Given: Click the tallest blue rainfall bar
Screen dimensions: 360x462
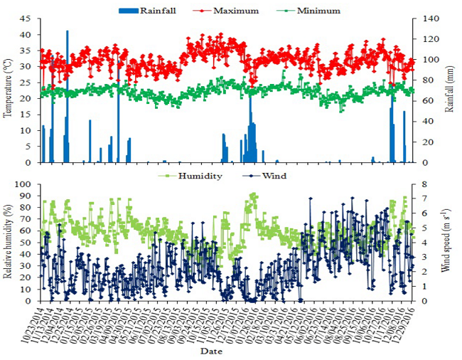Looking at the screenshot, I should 68,92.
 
